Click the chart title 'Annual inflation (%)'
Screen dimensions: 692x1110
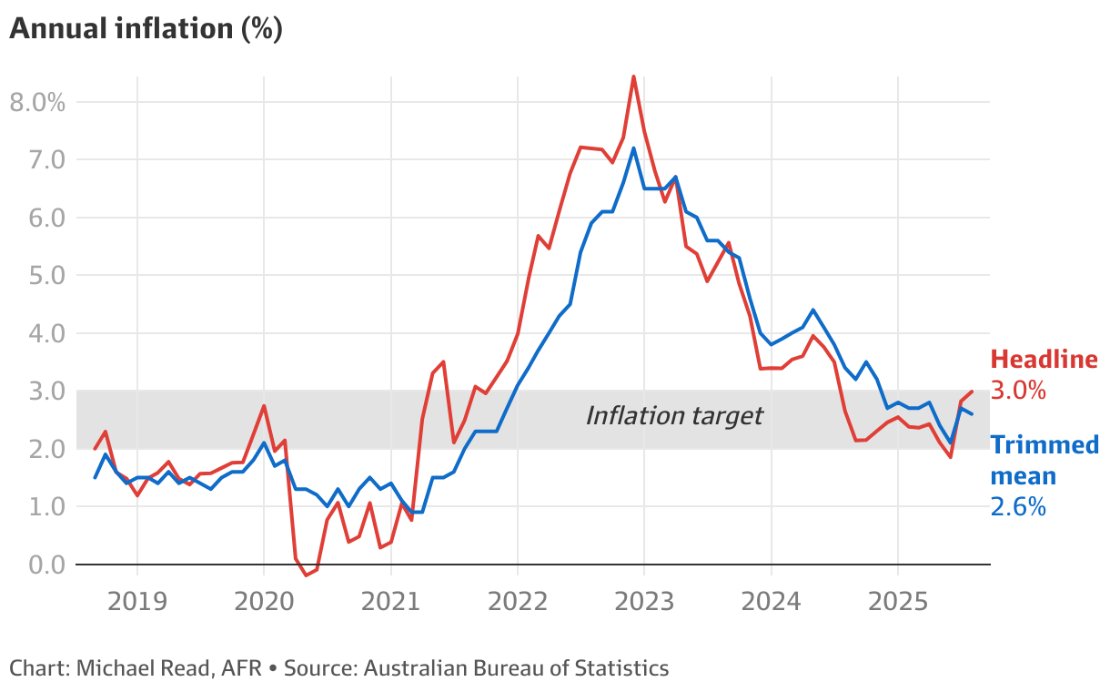point(146,29)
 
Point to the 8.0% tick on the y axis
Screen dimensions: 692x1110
point(37,102)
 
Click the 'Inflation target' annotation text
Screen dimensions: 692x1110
point(674,416)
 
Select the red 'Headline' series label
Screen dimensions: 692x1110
point(1044,360)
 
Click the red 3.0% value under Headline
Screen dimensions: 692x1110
point(1018,391)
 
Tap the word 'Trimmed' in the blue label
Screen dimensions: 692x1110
point(1044,445)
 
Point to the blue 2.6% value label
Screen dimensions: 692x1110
point(1018,507)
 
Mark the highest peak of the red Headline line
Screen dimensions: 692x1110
point(634,76)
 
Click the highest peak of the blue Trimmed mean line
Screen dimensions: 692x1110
point(634,148)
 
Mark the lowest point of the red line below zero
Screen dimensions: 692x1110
point(307,575)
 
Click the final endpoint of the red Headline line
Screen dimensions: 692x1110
point(973,392)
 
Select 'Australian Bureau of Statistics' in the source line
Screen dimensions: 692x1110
point(516,668)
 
